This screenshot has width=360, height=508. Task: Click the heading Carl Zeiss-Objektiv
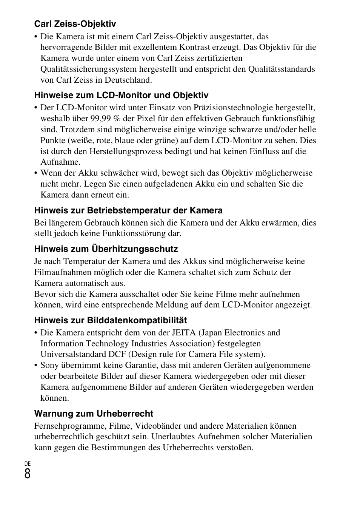pyautogui.click(x=75, y=24)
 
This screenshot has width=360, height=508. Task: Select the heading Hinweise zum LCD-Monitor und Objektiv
pyautogui.click(x=121, y=95)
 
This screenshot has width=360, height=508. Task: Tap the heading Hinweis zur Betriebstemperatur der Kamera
pyautogui.click(x=128, y=210)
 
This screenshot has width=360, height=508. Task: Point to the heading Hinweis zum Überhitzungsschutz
pyautogui.click(x=106, y=249)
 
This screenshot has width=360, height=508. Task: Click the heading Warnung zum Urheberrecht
pyautogui.click(x=94, y=413)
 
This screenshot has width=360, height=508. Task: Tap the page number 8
pyautogui.click(x=28, y=474)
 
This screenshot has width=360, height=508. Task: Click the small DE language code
pyautogui.click(x=28, y=463)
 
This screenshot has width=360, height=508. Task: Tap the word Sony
pyautogui.click(x=49, y=365)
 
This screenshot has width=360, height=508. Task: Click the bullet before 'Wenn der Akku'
pyautogui.click(x=36, y=173)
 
